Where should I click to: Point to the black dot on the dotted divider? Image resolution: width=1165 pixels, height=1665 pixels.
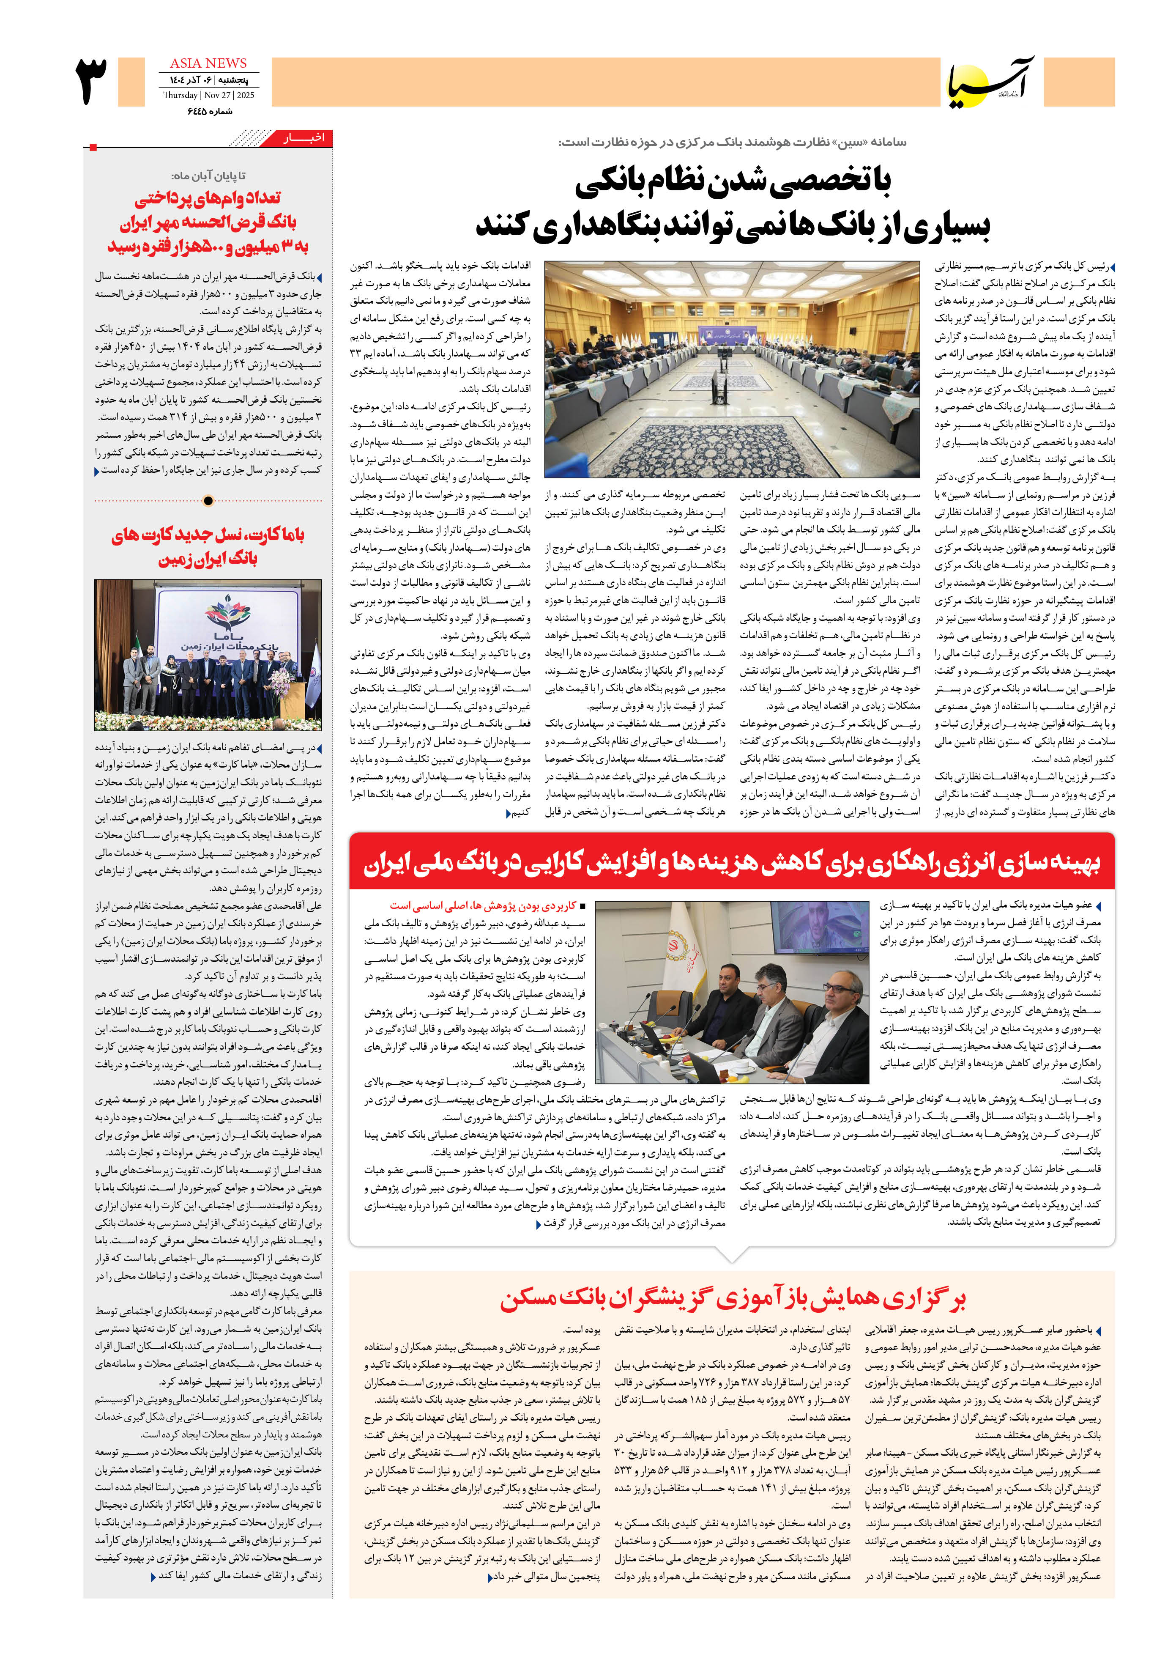click(x=209, y=500)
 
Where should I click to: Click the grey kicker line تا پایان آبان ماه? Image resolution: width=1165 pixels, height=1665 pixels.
click(x=208, y=176)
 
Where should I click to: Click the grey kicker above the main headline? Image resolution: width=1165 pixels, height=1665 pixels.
click(x=732, y=142)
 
